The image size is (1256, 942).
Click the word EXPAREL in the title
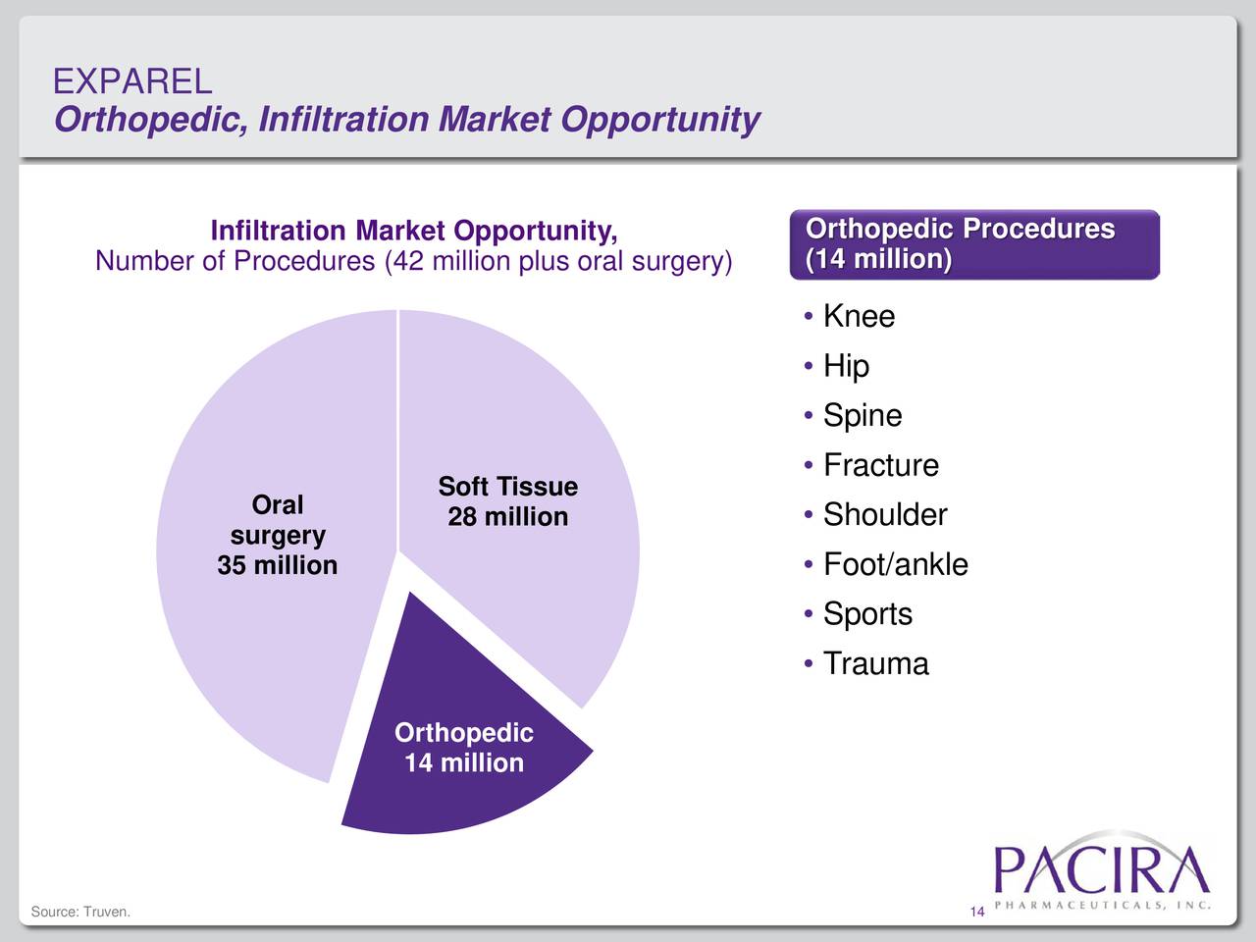tap(132, 81)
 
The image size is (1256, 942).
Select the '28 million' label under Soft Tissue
tap(507, 517)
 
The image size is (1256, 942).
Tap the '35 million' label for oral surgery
tap(277, 565)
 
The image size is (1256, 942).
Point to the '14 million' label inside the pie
tap(463, 762)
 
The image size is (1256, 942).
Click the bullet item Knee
tap(859, 316)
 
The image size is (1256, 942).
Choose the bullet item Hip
tap(846, 366)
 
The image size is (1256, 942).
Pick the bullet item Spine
tap(862, 415)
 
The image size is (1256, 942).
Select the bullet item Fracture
tap(880, 465)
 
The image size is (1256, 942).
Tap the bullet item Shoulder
tap(884, 514)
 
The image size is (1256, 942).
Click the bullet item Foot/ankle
tap(895, 564)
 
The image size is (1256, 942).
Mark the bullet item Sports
tap(867, 614)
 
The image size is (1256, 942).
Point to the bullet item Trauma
tap(875, 663)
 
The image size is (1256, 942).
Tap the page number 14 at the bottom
tap(976, 914)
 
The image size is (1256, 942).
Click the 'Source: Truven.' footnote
tap(80, 913)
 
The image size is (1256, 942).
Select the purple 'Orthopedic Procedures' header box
tap(974, 244)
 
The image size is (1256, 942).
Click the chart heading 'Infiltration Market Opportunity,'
tap(414, 232)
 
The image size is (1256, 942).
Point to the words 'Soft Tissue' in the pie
tap(507, 487)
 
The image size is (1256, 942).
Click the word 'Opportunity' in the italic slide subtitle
tap(660, 120)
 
